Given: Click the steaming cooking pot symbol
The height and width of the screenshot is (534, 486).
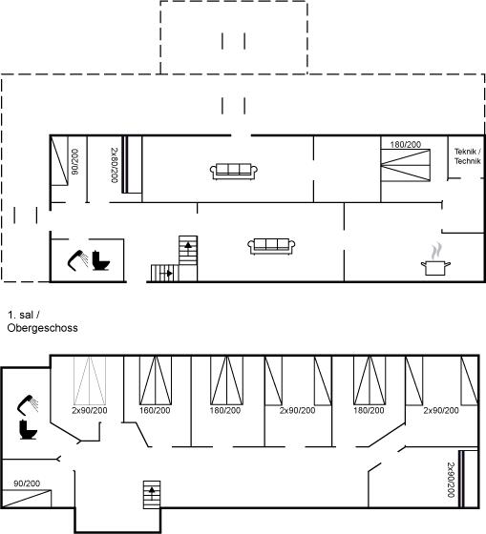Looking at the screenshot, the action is click(x=435, y=259).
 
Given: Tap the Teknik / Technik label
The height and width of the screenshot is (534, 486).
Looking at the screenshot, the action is click(x=467, y=156).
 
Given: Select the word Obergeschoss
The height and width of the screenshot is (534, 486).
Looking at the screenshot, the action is click(x=42, y=328).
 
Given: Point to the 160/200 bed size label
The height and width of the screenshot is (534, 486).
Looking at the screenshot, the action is click(x=155, y=410).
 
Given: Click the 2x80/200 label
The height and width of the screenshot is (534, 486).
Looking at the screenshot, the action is click(x=115, y=165).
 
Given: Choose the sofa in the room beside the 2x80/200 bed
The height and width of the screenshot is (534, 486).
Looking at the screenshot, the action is click(x=234, y=172).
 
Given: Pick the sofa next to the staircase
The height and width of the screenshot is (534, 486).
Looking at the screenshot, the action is click(x=271, y=246).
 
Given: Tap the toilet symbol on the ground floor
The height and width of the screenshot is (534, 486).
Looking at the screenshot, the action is click(x=100, y=260).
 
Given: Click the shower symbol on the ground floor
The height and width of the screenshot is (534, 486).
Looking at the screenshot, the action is click(x=77, y=260).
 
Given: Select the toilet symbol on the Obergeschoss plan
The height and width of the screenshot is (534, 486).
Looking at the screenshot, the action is click(x=28, y=429).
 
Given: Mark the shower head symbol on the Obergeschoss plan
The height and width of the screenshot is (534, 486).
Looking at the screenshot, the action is click(x=28, y=405).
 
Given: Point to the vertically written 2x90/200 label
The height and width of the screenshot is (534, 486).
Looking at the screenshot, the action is click(x=451, y=480).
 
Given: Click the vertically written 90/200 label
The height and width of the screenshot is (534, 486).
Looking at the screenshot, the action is click(x=74, y=162).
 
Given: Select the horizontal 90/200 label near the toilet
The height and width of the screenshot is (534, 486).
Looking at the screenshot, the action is click(x=27, y=483).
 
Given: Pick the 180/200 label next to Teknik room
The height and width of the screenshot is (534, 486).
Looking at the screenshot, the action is click(x=406, y=145).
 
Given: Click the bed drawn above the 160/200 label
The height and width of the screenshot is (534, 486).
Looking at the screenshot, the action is click(x=156, y=380).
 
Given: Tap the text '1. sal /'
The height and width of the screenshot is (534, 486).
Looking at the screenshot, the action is click(x=24, y=315).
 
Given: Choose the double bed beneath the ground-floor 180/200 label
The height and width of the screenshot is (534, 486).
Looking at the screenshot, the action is click(x=406, y=165).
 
